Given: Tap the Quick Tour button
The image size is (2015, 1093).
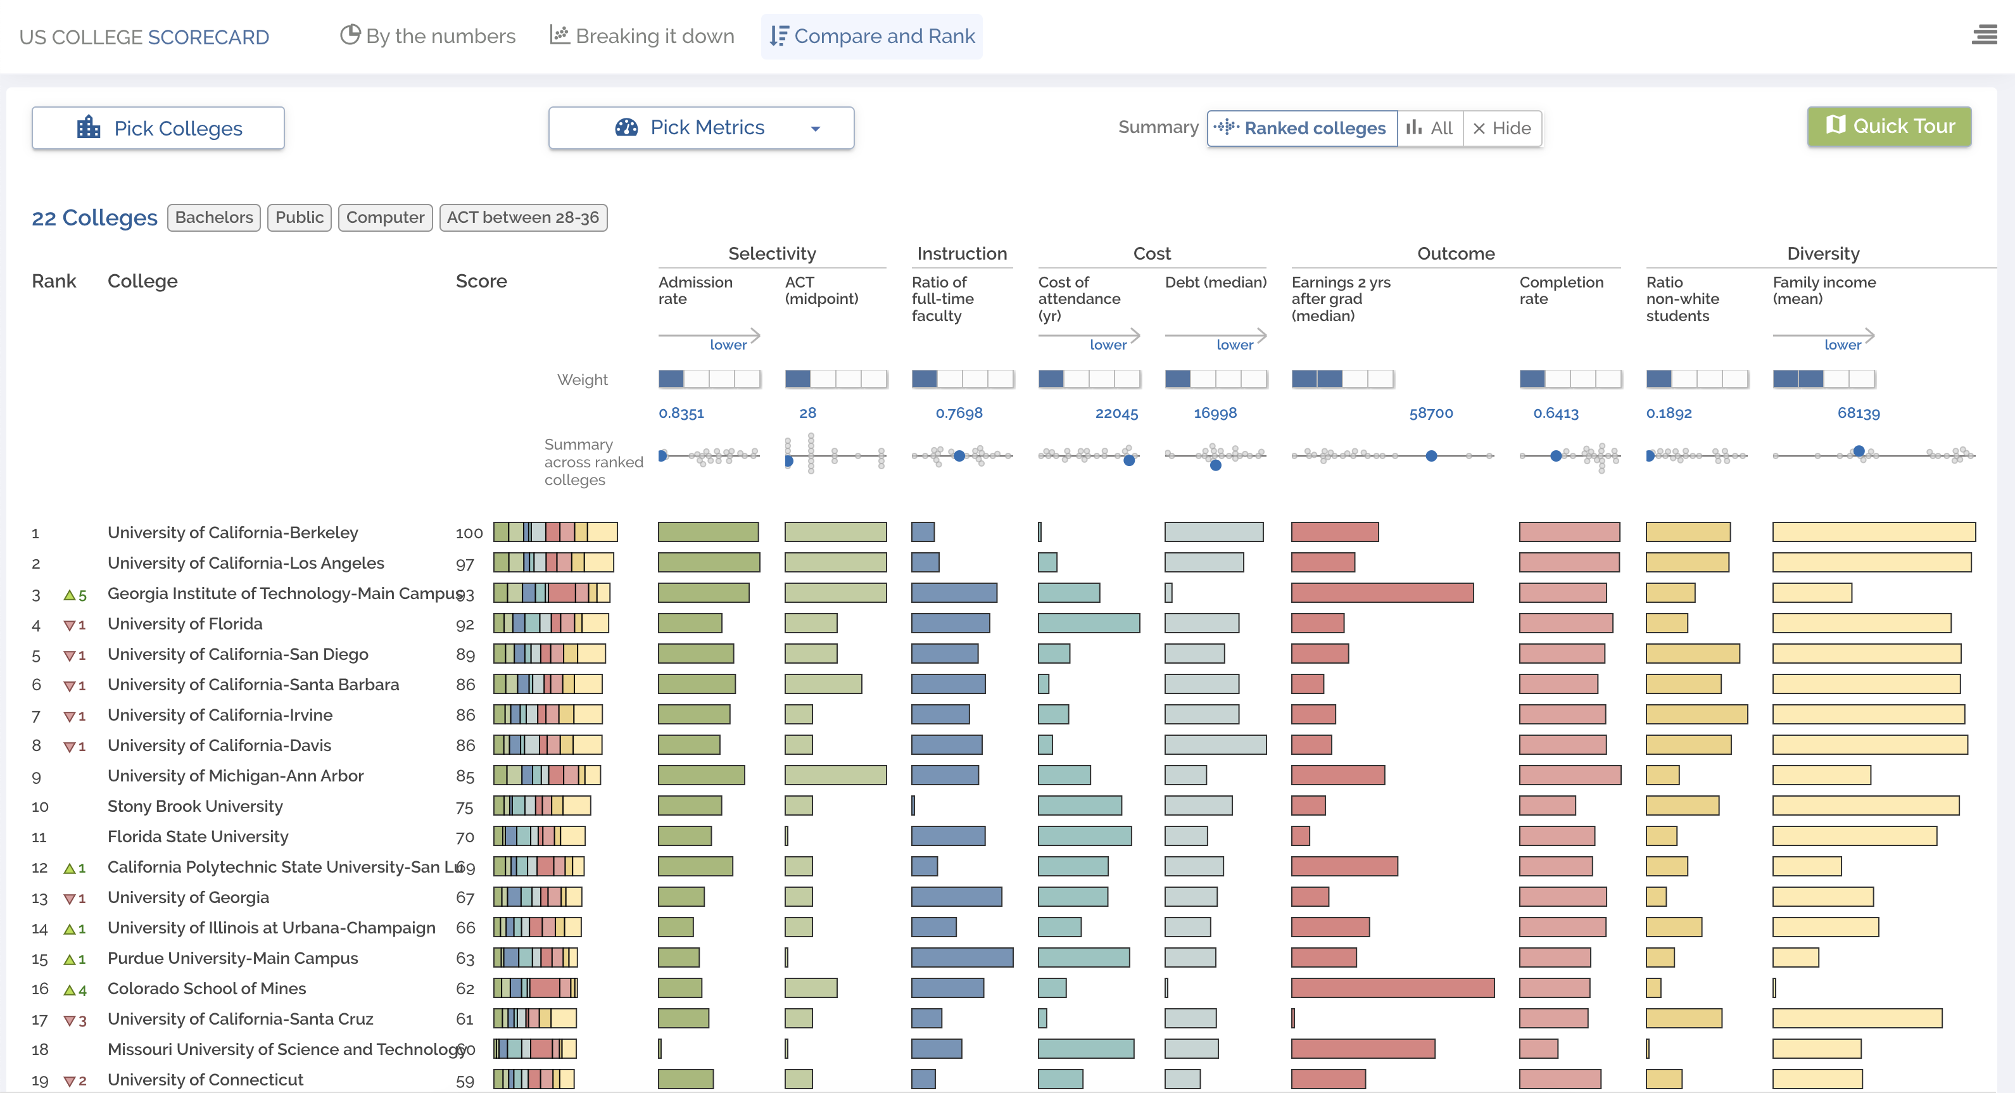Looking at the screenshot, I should (x=1888, y=127).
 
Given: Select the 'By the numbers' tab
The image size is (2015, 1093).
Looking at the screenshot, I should (x=428, y=36).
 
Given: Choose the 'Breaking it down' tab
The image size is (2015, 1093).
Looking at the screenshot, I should (x=642, y=36).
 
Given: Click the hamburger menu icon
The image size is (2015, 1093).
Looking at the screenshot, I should (x=1984, y=35).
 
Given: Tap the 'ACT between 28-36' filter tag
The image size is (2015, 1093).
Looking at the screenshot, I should (x=522, y=217).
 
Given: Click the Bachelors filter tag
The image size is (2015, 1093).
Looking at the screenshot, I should (x=213, y=217).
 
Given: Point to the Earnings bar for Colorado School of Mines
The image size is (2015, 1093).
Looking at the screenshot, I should (x=1393, y=988).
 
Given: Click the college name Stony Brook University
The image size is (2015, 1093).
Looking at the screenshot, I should (x=195, y=806).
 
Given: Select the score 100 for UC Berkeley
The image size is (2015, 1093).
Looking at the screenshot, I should (x=469, y=533).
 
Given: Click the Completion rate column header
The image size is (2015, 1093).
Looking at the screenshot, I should (x=1560, y=290).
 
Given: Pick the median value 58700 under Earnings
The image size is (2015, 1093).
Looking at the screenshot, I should (x=1431, y=413).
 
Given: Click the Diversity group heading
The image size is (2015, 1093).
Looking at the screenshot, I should (x=1822, y=253).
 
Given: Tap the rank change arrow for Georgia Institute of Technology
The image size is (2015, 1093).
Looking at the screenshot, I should (x=70, y=595).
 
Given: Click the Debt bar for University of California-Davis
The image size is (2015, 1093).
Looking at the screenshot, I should (x=1215, y=745).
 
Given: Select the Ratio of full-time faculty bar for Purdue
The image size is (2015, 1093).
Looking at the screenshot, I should (x=961, y=957).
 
